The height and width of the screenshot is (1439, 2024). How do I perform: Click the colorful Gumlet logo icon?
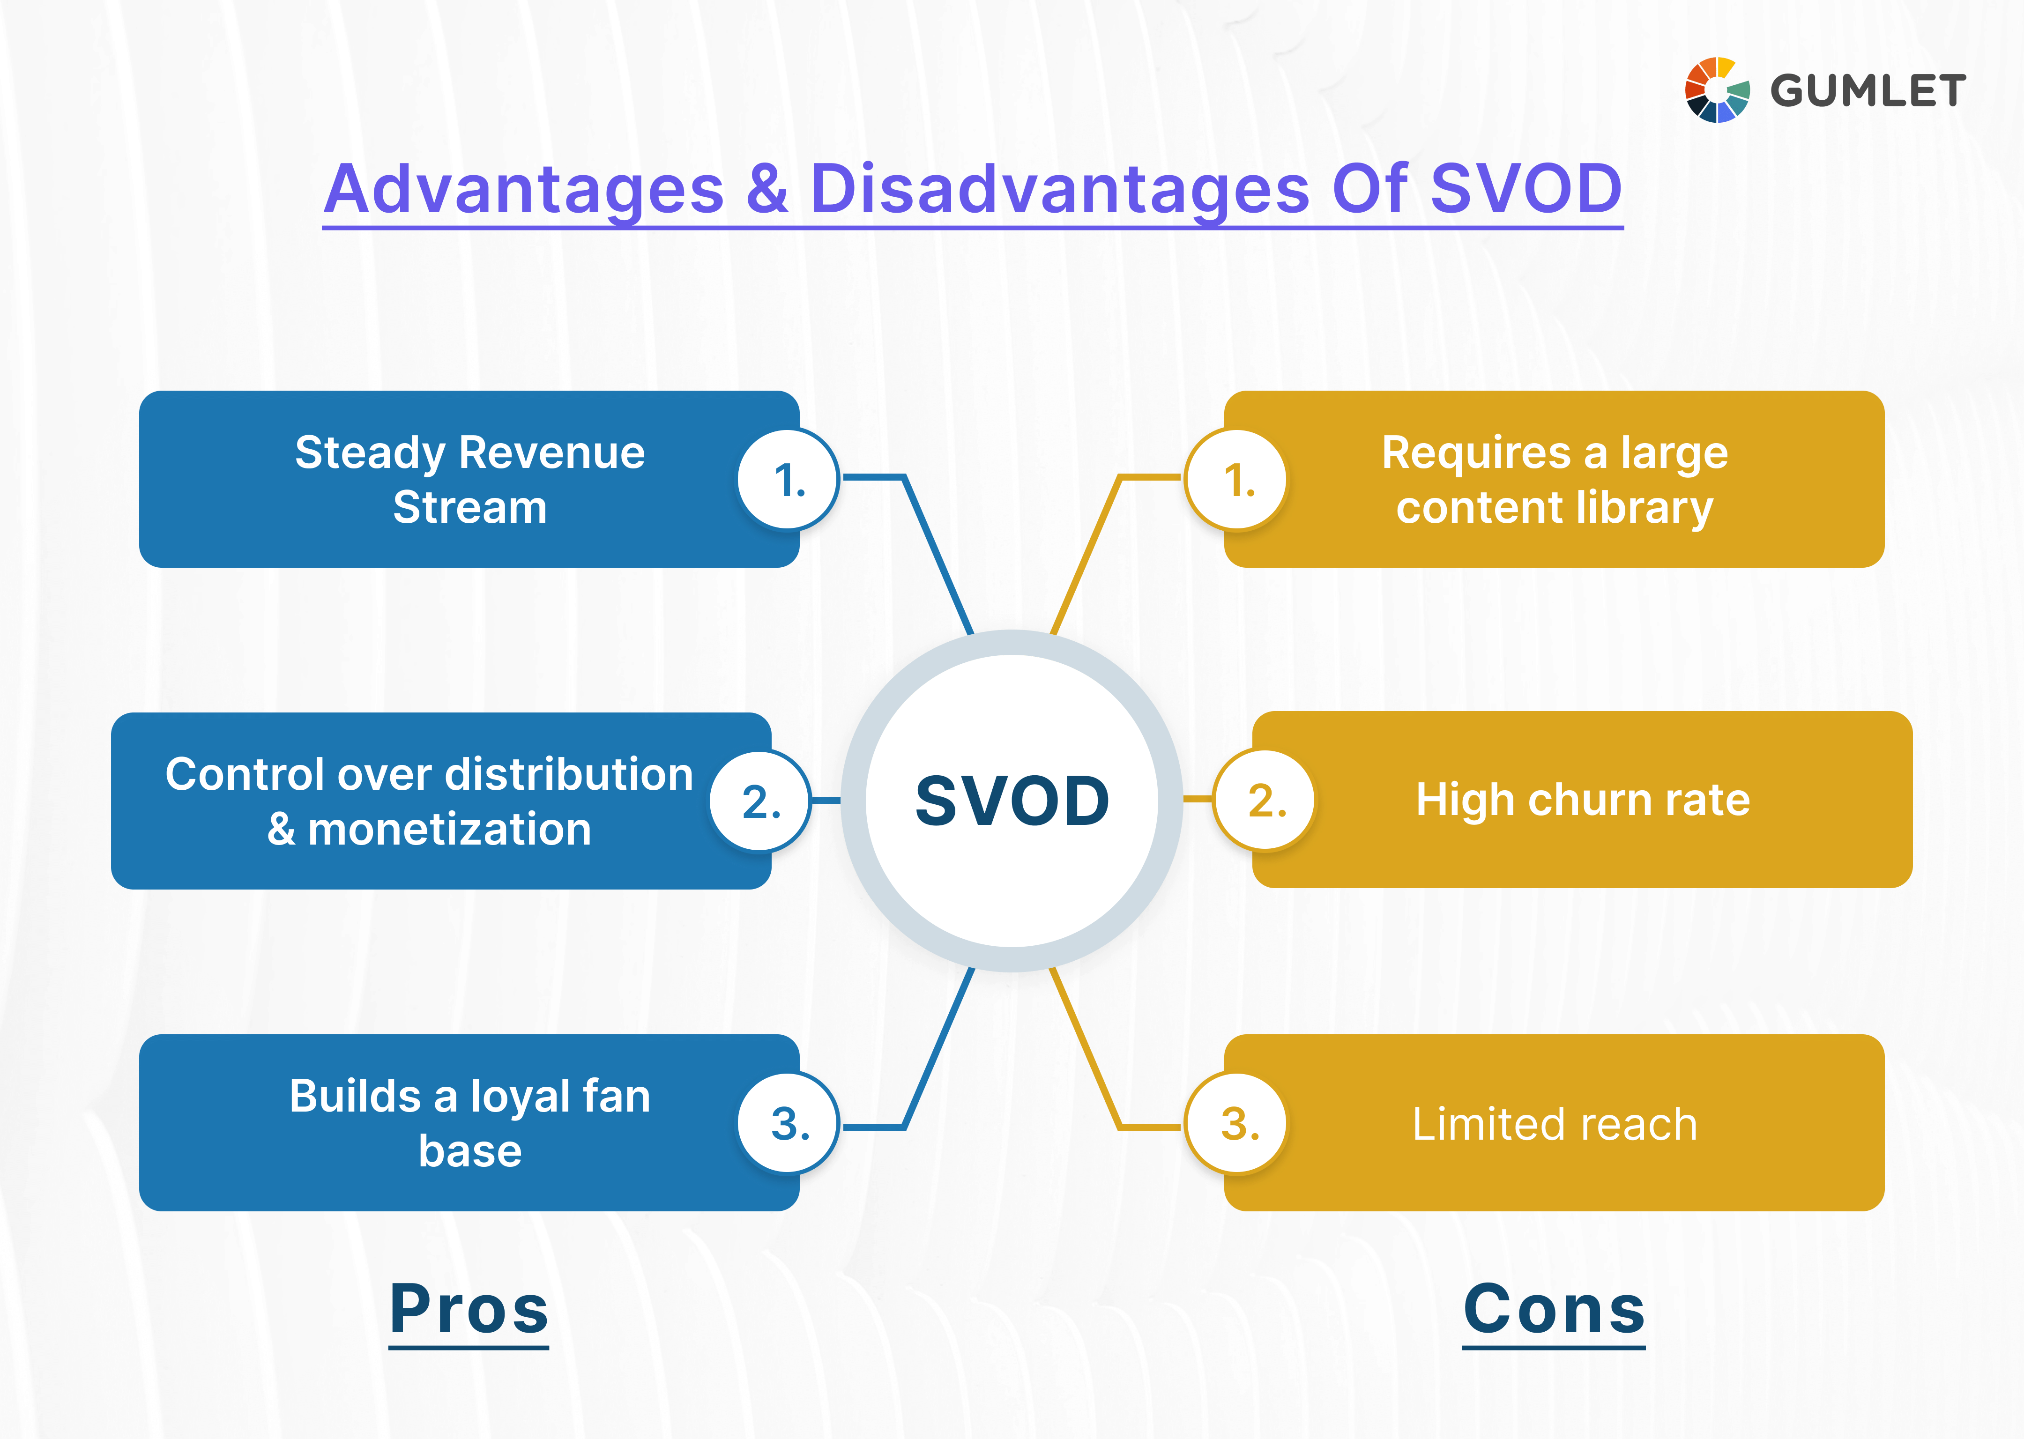1717,89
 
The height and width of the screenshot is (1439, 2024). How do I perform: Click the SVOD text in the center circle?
1012,800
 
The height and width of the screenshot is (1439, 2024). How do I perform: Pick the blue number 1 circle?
788,479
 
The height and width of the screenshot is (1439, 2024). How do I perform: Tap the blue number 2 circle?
760,801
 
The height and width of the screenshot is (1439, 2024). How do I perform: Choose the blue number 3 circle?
788,1124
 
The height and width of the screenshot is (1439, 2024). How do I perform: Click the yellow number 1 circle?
1237,479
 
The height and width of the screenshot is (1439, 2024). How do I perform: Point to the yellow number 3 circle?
1237,1124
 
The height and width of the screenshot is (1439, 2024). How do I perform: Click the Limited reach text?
1555,1124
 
